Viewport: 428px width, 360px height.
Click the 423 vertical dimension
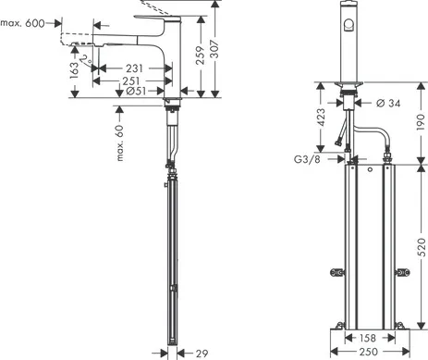click(x=318, y=118)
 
